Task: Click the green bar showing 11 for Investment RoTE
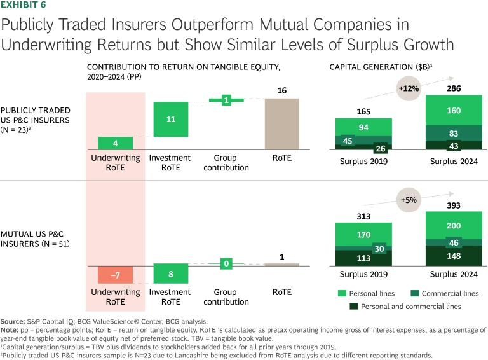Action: point(171,119)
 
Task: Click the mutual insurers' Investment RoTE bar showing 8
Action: point(171,274)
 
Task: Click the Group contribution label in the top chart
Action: point(226,163)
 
